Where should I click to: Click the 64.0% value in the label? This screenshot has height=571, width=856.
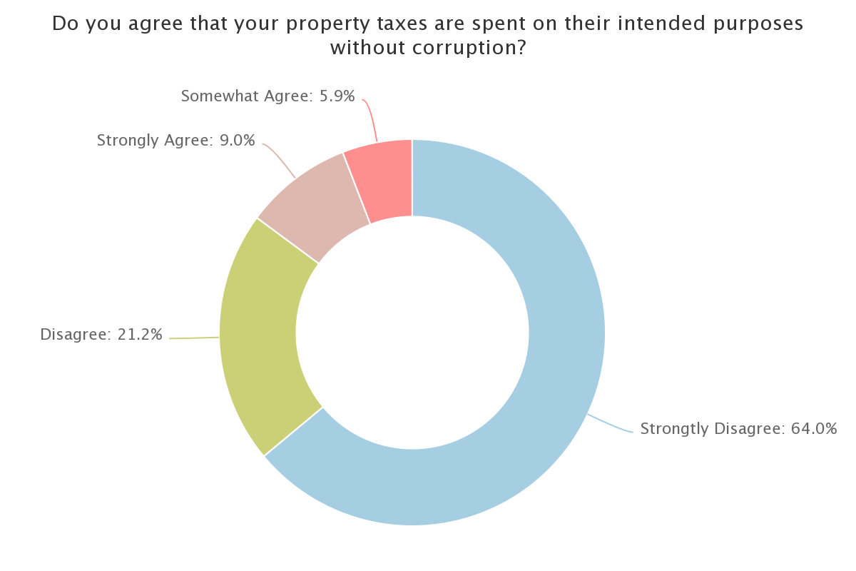coord(814,428)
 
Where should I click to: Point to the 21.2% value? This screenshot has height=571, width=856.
coord(140,335)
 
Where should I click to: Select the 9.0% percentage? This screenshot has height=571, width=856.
coord(237,141)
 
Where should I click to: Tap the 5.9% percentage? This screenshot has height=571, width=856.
coord(337,96)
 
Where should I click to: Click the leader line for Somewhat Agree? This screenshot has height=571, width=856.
coord(371,118)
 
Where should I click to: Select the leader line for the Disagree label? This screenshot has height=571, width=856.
coord(194,338)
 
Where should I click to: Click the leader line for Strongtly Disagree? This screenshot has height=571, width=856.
coord(610,424)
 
